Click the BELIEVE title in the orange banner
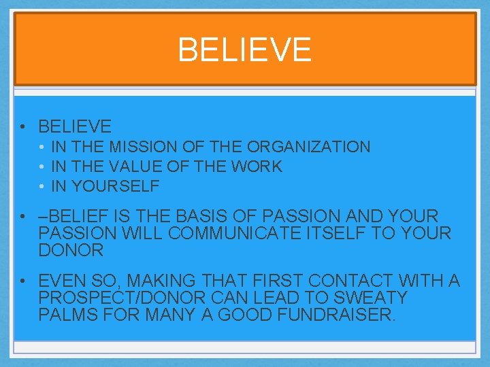244,50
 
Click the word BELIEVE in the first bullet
75,126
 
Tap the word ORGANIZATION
309,147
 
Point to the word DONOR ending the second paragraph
71,250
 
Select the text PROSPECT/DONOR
126,298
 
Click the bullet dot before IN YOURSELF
42,186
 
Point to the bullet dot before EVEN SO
24,281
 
